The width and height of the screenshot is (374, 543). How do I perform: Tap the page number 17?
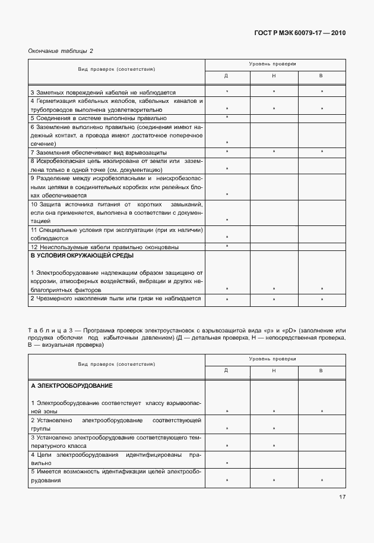(342, 497)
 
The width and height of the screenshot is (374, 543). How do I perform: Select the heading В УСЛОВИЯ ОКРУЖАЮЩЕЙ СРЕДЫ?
(82, 255)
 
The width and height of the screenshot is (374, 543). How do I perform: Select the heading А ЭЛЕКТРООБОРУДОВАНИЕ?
(71, 386)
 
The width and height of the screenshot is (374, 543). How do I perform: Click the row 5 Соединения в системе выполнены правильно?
(94, 118)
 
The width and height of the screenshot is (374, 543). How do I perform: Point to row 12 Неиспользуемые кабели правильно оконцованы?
(104, 247)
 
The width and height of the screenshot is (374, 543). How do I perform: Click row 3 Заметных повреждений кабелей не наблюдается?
(103, 92)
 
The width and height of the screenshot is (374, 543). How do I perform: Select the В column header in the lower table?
(321, 371)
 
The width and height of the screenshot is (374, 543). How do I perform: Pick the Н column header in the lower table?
(274, 371)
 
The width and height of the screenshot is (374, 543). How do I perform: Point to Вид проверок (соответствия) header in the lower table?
(116, 363)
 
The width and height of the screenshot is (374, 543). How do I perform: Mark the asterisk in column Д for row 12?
(227, 246)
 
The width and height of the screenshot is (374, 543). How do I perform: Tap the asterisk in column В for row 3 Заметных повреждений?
(322, 92)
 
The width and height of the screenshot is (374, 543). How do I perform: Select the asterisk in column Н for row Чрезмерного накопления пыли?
(274, 299)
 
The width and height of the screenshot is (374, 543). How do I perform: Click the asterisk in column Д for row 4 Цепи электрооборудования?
(227, 462)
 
